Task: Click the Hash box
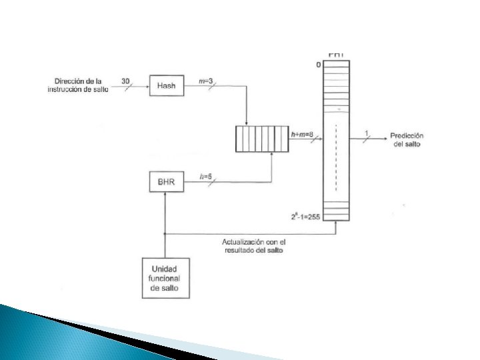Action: pos(166,85)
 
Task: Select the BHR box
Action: pos(166,182)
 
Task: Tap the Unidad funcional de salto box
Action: pos(165,277)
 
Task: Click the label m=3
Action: pos(207,81)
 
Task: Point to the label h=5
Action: pos(206,177)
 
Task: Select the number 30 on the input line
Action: pos(126,81)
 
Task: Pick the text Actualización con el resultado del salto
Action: pos(253,245)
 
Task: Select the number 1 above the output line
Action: pos(366,133)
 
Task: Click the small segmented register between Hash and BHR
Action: pos(262,139)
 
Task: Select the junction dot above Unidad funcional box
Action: pos(165,234)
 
